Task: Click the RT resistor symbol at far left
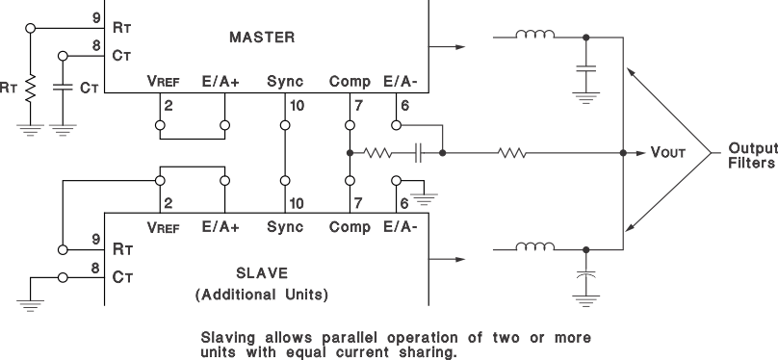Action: click(30, 89)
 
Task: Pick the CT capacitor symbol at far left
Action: click(63, 88)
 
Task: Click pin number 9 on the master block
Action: click(93, 17)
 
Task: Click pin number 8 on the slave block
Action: click(93, 271)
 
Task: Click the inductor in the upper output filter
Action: click(534, 37)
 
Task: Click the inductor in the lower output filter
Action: click(534, 247)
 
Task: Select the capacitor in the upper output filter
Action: click(585, 69)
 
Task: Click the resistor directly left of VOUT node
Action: click(511, 153)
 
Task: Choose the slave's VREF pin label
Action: click(164, 227)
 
